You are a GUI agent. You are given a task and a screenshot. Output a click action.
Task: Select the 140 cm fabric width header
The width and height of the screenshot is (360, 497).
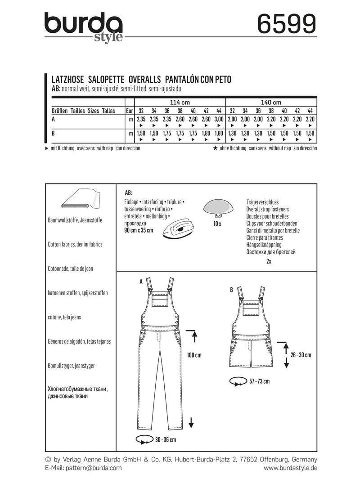[271, 102]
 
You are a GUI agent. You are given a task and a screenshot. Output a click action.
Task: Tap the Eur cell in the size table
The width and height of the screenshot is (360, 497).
[129, 111]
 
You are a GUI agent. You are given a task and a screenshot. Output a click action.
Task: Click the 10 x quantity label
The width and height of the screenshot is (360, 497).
[218, 224]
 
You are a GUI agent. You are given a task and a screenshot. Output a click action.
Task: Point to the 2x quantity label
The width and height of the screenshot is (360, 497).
[269, 260]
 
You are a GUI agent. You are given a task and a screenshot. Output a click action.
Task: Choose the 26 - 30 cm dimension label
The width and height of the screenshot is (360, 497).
[301, 355]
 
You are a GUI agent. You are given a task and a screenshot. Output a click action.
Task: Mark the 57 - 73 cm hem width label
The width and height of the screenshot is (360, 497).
[259, 381]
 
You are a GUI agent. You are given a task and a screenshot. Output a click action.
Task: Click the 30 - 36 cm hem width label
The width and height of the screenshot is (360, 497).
[163, 439]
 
